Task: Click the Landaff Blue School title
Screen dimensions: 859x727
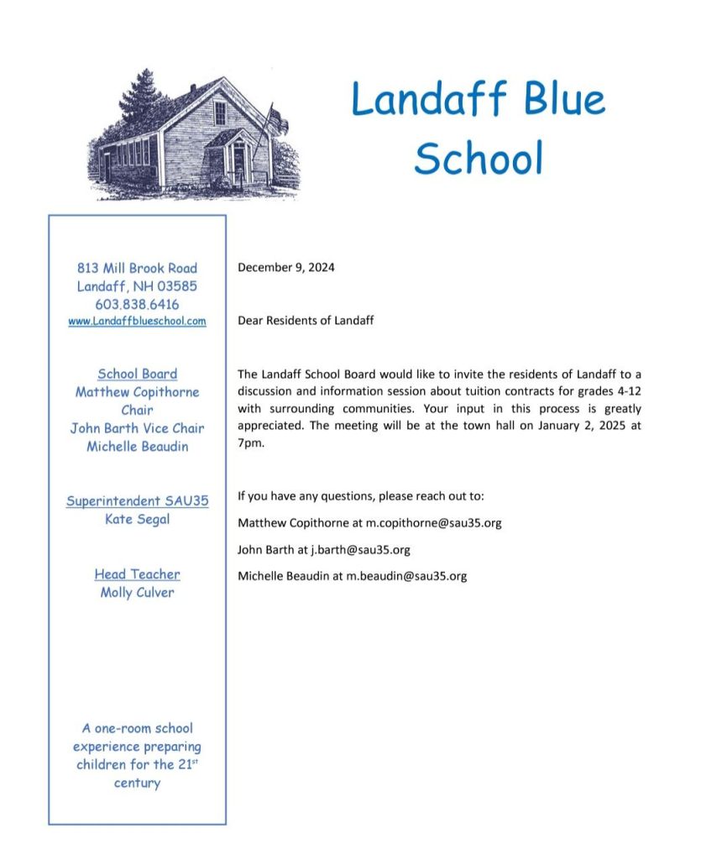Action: [x=478, y=128]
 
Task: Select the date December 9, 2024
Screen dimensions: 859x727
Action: [x=286, y=268]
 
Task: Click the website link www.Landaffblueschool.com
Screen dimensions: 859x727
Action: [x=137, y=321]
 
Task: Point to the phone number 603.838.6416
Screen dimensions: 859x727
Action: [x=137, y=304]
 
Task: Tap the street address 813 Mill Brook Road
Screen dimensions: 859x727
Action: [x=137, y=268]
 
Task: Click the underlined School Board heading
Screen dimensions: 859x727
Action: [x=137, y=374]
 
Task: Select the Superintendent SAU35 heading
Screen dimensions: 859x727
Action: [x=137, y=501]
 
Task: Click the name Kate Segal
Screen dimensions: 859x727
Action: [x=137, y=519]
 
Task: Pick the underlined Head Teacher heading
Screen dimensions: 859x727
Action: [x=137, y=574]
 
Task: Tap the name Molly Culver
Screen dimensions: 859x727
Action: [x=137, y=593]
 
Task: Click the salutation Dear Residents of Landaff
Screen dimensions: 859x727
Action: [x=306, y=320]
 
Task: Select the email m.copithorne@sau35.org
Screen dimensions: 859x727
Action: [x=433, y=522]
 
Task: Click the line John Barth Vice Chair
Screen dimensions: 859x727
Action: [x=137, y=428]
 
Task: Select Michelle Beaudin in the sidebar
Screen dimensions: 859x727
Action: [x=137, y=447]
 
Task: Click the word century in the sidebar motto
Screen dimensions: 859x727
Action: [x=137, y=783]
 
